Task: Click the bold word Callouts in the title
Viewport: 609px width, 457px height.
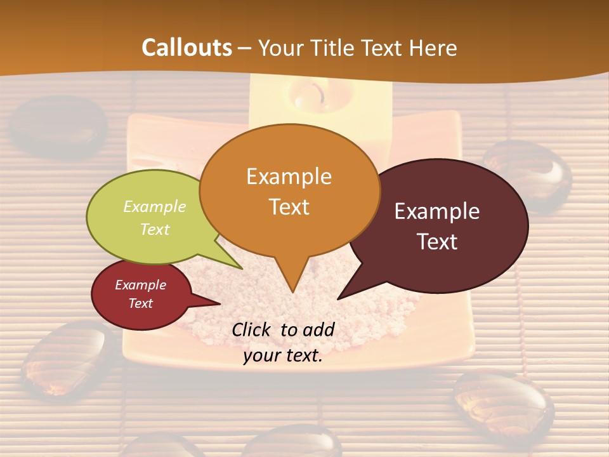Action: (187, 48)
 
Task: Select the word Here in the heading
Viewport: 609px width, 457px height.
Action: (434, 48)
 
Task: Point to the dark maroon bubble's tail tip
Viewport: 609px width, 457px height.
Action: (341, 296)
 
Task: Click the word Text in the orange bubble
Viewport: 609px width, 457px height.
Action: (289, 206)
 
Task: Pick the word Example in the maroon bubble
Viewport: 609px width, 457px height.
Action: (437, 211)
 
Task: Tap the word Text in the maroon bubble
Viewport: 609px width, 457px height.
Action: (437, 241)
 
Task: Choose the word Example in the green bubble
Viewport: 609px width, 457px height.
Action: (154, 206)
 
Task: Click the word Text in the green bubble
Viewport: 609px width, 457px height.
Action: (154, 229)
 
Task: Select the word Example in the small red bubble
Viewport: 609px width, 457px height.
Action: (140, 285)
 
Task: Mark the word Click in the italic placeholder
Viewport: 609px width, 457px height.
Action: (252, 329)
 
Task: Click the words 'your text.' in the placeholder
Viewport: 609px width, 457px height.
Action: (283, 355)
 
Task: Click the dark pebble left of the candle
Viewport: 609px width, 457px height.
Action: (59, 126)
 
